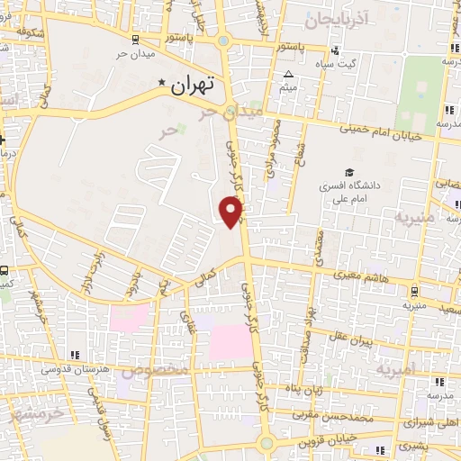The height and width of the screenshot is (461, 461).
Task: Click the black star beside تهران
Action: (162, 84)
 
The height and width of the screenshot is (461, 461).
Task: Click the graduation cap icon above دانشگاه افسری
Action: (348, 173)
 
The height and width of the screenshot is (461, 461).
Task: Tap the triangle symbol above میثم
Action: (288, 75)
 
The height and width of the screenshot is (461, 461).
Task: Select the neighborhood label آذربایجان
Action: (337, 18)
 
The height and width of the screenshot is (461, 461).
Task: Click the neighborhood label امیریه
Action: (397, 369)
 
